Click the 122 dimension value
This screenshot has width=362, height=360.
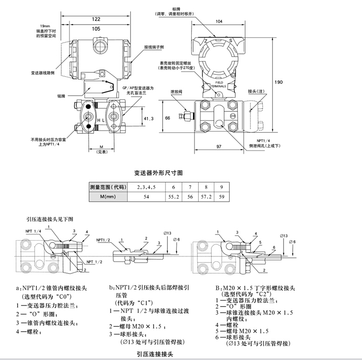96,19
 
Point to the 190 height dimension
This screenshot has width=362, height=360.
278,82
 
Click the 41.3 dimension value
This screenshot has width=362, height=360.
148,119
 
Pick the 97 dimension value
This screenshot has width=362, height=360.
218,147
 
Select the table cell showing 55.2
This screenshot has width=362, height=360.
173,196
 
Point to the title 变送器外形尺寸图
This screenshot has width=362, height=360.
158,172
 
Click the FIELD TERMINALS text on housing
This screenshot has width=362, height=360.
219,85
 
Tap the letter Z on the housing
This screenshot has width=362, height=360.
205,41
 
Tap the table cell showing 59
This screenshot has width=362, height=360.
221,196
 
